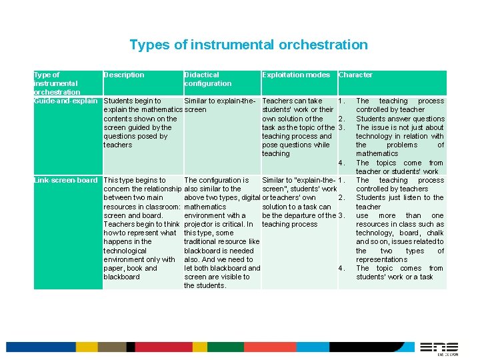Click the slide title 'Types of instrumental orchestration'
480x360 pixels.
tap(248, 45)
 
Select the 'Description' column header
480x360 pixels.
tap(124, 75)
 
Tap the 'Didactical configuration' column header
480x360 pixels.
tap(207, 79)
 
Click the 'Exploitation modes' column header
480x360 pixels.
tap(296, 75)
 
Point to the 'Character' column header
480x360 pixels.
tap(355, 75)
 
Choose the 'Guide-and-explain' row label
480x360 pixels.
tap(66, 101)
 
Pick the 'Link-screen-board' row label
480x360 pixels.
tap(66, 180)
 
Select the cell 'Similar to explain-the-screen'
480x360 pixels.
tap(220, 105)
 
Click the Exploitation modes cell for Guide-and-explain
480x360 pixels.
tap(298, 127)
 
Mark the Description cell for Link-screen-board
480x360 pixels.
tap(141, 228)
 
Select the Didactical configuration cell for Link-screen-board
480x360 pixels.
tap(222, 233)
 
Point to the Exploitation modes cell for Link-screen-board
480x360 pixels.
tap(299, 202)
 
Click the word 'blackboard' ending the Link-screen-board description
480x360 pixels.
tap(122, 277)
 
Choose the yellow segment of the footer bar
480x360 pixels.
tap(86, 347)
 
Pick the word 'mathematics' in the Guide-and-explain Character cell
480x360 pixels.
tap(377, 153)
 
